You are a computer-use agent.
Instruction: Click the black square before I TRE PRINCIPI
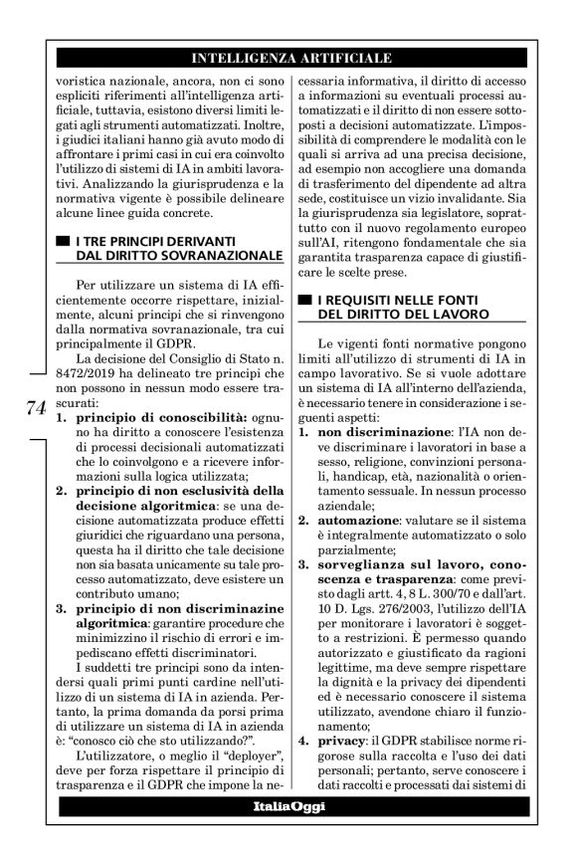[66, 242]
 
